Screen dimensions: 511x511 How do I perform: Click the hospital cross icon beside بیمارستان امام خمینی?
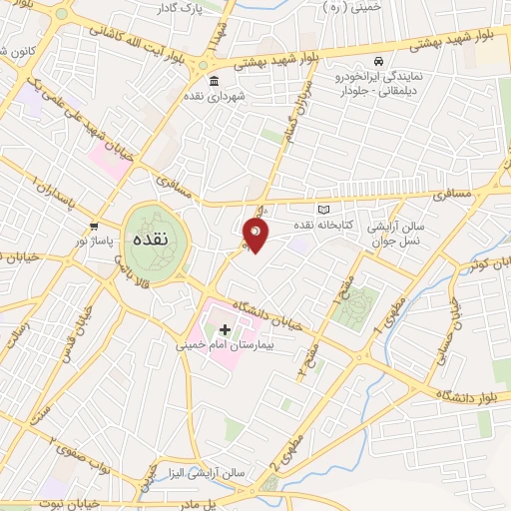pos(225,329)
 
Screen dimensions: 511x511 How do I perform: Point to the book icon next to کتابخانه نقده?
pos(321,210)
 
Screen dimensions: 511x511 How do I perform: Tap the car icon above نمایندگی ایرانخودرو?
pos(379,61)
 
